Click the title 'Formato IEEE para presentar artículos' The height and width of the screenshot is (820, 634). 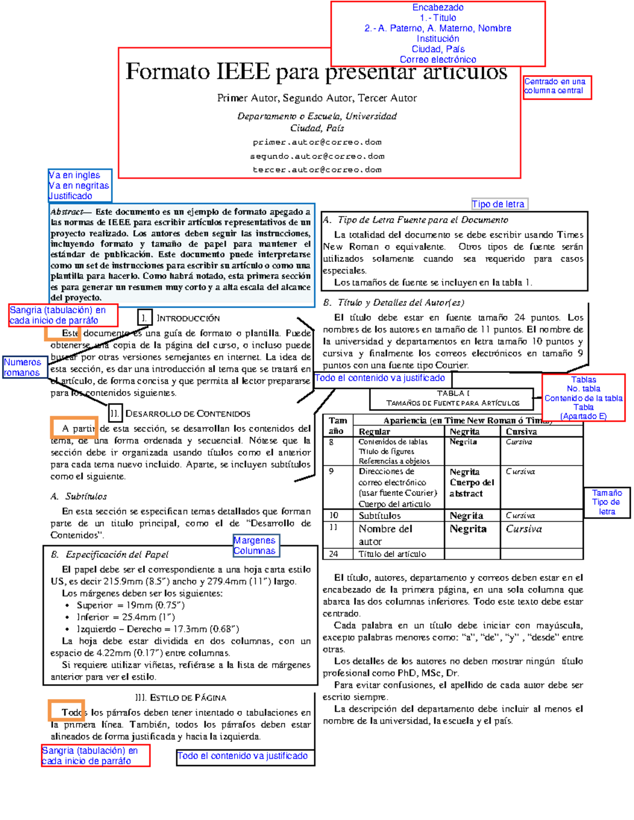pos(316,72)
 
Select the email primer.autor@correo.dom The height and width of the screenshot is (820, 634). pos(317,142)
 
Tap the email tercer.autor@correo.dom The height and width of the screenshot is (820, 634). pos(317,169)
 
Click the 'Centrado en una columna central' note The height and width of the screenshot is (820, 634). pos(556,86)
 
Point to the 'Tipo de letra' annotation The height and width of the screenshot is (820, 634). pos(499,204)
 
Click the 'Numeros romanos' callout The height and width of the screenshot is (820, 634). pos(23,367)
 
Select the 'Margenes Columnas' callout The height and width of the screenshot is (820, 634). pos(255,545)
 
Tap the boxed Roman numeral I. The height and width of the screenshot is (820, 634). pos(144,318)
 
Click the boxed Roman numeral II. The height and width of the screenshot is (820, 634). pos(115,413)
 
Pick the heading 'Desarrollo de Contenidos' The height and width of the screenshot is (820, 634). pos(188,413)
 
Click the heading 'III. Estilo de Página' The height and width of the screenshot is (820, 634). pos(181,698)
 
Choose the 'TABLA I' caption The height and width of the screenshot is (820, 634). pos(453,393)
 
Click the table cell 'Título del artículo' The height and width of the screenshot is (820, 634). pos(393,554)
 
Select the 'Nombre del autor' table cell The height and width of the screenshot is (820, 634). pos(386,535)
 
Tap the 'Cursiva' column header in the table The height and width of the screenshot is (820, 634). pos(521,431)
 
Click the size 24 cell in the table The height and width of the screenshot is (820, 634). pos(334,554)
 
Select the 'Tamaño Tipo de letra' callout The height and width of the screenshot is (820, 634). pos(607,502)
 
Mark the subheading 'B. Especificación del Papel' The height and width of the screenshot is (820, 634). pos(110,554)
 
